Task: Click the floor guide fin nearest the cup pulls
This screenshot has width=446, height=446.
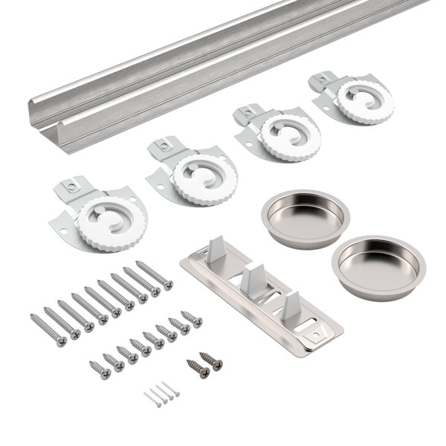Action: coord(291,300)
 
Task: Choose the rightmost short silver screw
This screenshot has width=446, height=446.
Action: coord(191,318)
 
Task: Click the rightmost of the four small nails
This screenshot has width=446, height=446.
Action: coord(173,389)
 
